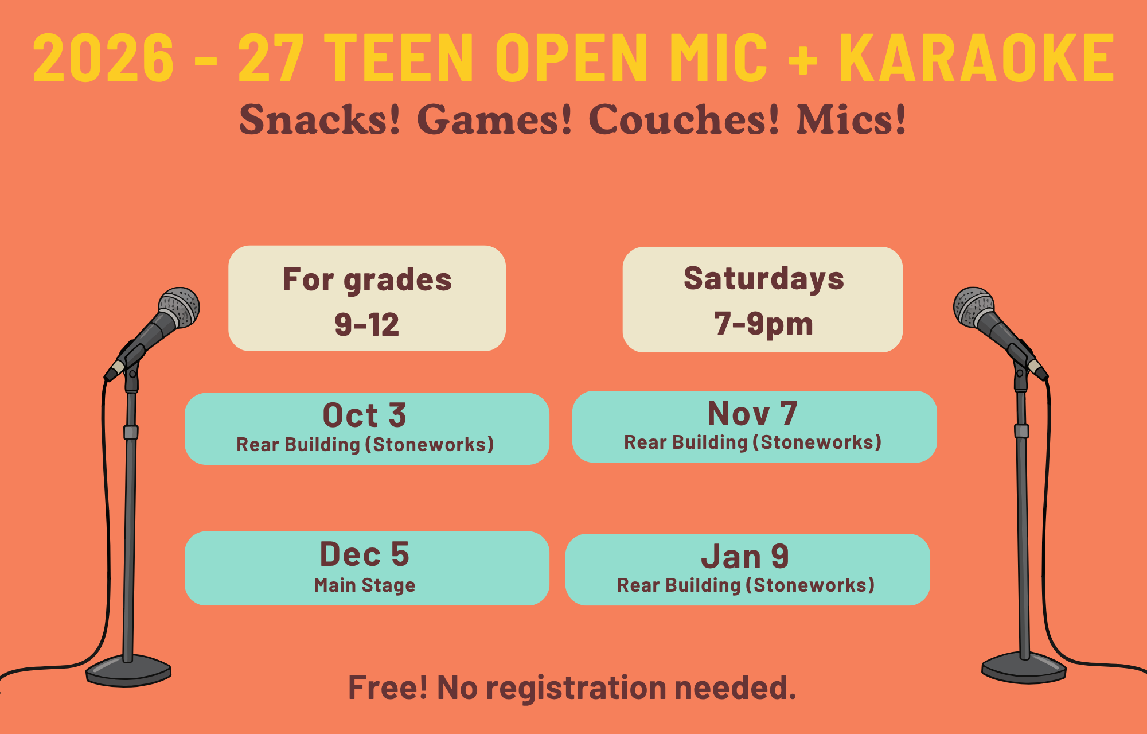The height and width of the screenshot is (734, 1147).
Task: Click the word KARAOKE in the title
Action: [x=977, y=58]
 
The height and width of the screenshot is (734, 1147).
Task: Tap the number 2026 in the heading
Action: [x=103, y=58]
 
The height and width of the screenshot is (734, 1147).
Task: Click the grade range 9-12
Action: [x=367, y=325]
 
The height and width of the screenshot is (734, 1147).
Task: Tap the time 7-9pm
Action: [x=763, y=324]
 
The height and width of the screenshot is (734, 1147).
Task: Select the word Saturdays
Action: [x=763, y=279]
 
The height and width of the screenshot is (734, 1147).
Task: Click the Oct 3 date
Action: [x=365, y=415]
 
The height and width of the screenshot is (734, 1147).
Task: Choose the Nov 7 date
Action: [x=752, y=413]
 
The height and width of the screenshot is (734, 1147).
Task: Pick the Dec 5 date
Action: [x=365, y=554]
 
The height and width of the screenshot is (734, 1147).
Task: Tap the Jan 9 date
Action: [x=745, y=557]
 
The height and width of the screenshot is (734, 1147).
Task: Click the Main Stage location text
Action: [x=365, y=585]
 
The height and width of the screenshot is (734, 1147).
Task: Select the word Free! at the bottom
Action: [x=388, y=688]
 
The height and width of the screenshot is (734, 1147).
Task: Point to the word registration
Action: [x=576, y=688]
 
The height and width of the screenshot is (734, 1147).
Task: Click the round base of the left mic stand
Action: [x=128, y=670]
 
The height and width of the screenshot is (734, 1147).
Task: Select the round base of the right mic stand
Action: [x=1024, y=667]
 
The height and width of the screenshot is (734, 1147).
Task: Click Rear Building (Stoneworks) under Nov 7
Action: [x=752, y=442]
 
